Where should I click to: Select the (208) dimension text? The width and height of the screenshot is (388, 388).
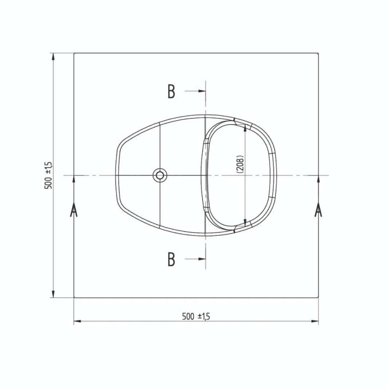tap(240, 164)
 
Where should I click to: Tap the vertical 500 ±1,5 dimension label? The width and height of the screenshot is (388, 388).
tap(48, 175)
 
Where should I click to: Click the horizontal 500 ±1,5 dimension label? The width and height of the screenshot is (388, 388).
tap(196, 316)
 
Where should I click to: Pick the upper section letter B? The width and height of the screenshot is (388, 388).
tap(171, 91)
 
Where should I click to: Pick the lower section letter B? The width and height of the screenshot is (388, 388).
tap(171, 259)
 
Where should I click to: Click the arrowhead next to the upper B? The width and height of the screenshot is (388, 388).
tap(202, 91)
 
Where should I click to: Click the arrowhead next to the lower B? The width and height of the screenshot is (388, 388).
tap(202, 259)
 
